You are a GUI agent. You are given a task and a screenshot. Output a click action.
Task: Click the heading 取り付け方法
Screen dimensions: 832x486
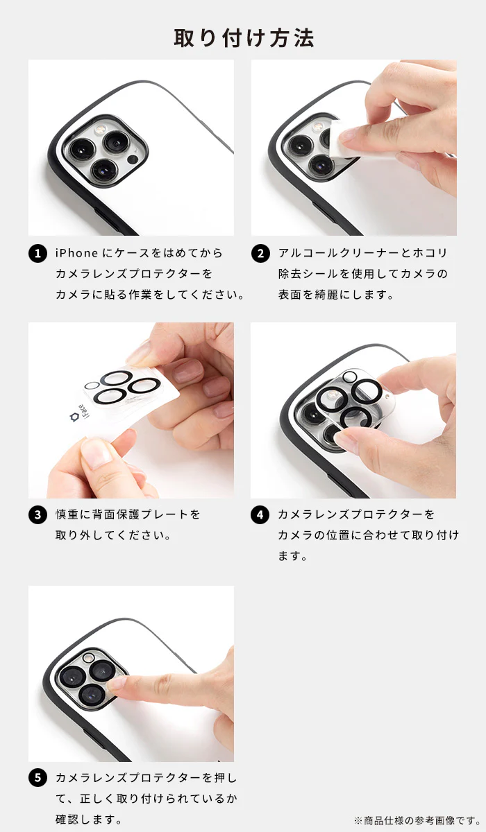click(x=243, y=37)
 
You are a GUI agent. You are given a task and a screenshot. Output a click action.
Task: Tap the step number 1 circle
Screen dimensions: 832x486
click(x=37, y=254)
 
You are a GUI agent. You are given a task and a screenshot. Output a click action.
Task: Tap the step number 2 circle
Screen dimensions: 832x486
click(x=260, y=254)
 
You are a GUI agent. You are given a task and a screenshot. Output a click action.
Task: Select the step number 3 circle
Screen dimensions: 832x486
click(x=37, y=515)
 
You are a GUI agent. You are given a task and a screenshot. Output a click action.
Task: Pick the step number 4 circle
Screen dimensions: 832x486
click(x=260, y=515)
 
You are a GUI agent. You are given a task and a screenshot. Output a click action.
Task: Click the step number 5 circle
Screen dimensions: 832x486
click(x=37, y=778)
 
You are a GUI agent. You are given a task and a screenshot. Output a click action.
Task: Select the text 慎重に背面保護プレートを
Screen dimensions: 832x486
click(x=128, y=515)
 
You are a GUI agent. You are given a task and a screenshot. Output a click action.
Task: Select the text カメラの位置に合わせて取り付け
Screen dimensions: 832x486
click(x=368, y=535)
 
